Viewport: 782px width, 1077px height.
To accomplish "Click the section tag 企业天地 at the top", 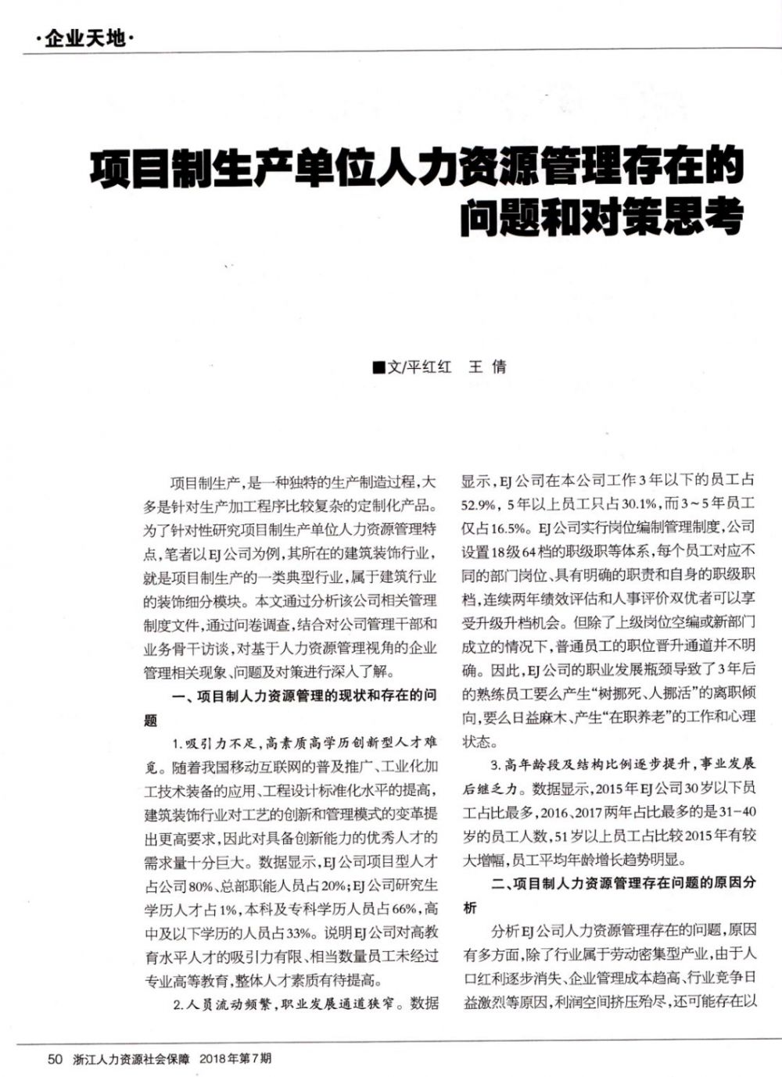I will coord(85,38).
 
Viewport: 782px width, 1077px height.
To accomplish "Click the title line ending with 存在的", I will coord(415,166).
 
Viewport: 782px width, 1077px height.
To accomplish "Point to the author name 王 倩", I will coord(487,367).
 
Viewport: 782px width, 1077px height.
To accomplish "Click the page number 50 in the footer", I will coord(56,1060).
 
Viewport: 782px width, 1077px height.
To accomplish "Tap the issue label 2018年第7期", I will coord(235,1060).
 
